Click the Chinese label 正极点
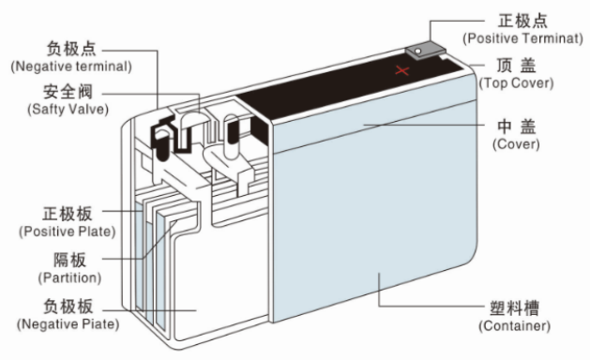pyautogui.click(x=514, y=20)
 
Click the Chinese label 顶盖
pyautogui.click(x=514, y=66)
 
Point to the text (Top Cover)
pyautogui.click(x=516, y=82)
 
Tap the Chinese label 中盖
pyautogui.click(x=516, y=127)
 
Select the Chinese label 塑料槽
pyautogui.click(x=514, y=307)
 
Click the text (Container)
pyautogui.click(x=514, y=325)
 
